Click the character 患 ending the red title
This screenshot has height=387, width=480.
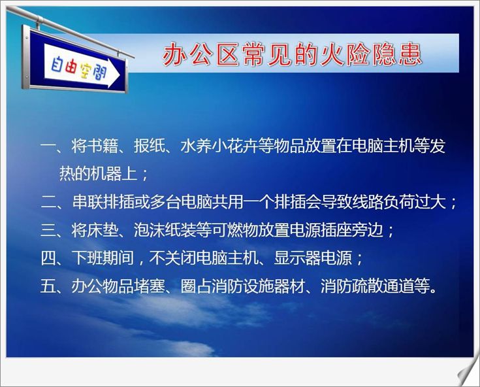[411, 55]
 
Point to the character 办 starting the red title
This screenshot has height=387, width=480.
[174, 54]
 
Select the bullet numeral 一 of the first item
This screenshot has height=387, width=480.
[48, 146]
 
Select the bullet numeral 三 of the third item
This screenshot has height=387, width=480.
[48, 230]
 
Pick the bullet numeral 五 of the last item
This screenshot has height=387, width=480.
[48, 286]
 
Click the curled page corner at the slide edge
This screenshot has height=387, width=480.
[468, 375]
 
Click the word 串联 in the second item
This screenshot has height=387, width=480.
[88, 202]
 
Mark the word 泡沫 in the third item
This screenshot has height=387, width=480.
[150, 230]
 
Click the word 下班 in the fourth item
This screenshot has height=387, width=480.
[88, 258]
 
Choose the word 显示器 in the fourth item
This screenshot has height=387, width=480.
[297, 258]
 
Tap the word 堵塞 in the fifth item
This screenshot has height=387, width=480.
[150, 286]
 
